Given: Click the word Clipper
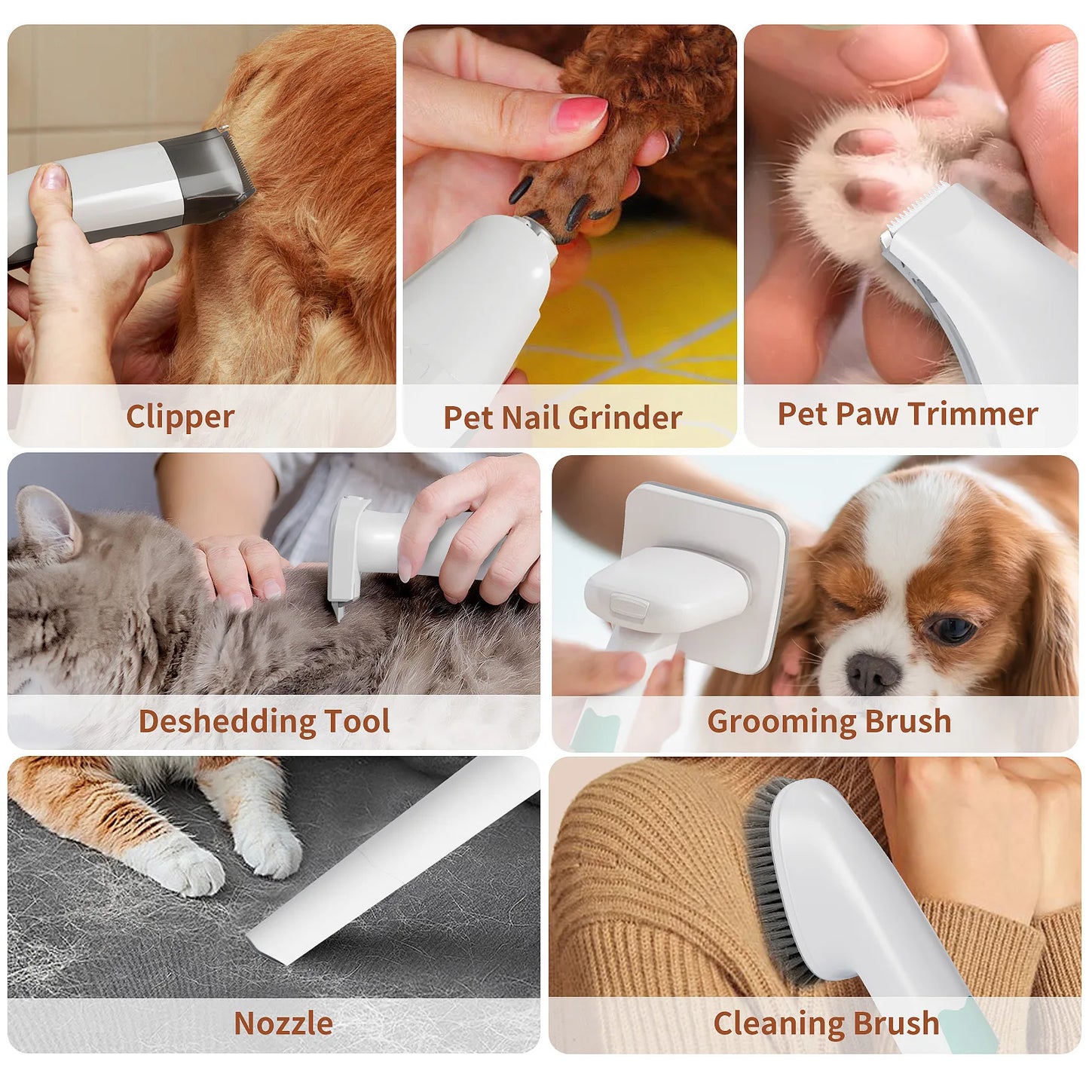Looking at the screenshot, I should [x=180, y=417].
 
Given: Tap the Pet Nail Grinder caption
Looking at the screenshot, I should [x=562, y=418].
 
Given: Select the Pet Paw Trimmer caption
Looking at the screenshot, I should [x=907, y=414].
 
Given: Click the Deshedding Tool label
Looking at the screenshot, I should [x=265, y=721].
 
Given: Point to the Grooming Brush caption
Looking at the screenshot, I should [x=829, y=721].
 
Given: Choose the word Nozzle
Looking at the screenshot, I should [x=283, y=1023].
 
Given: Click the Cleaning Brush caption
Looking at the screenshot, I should [x=826, y=1023].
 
